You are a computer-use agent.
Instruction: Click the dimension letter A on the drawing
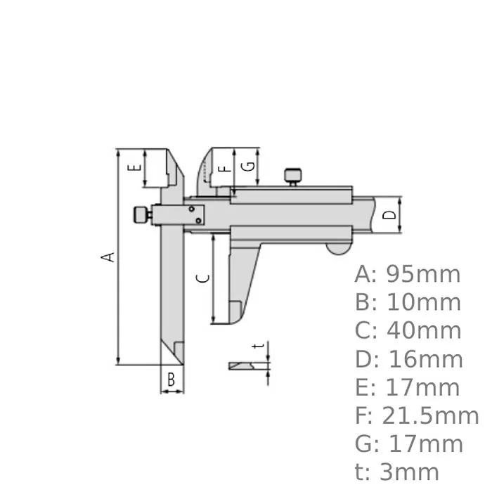pos(108,256)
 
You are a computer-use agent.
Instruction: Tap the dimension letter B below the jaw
pos(171,380)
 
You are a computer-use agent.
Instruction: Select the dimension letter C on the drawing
pos(202,278)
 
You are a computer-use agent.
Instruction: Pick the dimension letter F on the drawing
pos(224,168)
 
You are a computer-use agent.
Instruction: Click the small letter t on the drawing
pos(260,346)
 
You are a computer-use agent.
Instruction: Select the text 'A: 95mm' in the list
pos(408,273)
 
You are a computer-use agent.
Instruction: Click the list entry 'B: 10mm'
pos(408,302)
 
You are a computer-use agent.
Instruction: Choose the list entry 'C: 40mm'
pos(408,330)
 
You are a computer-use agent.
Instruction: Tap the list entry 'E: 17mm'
pos(408,387)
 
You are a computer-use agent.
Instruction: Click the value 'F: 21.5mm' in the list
pos(417,416)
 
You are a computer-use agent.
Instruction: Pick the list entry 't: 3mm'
pos(397,472)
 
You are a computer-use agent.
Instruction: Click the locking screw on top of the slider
pos(292,176)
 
